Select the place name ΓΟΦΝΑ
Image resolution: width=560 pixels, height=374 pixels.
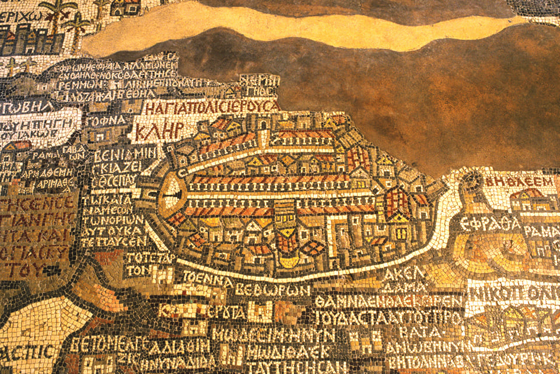[x=107, y=120]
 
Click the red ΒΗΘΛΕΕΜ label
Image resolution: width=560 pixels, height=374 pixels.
[x=519, y=181]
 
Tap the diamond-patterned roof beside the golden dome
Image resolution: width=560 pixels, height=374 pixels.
[x=313, y=248]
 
